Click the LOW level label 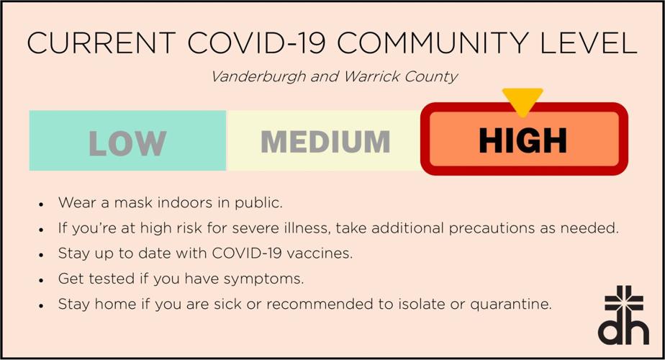[127, 143]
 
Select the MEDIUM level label [325, 142]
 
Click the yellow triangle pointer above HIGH [522, 99]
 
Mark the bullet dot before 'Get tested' [42, 280]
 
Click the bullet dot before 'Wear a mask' [42, 204]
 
